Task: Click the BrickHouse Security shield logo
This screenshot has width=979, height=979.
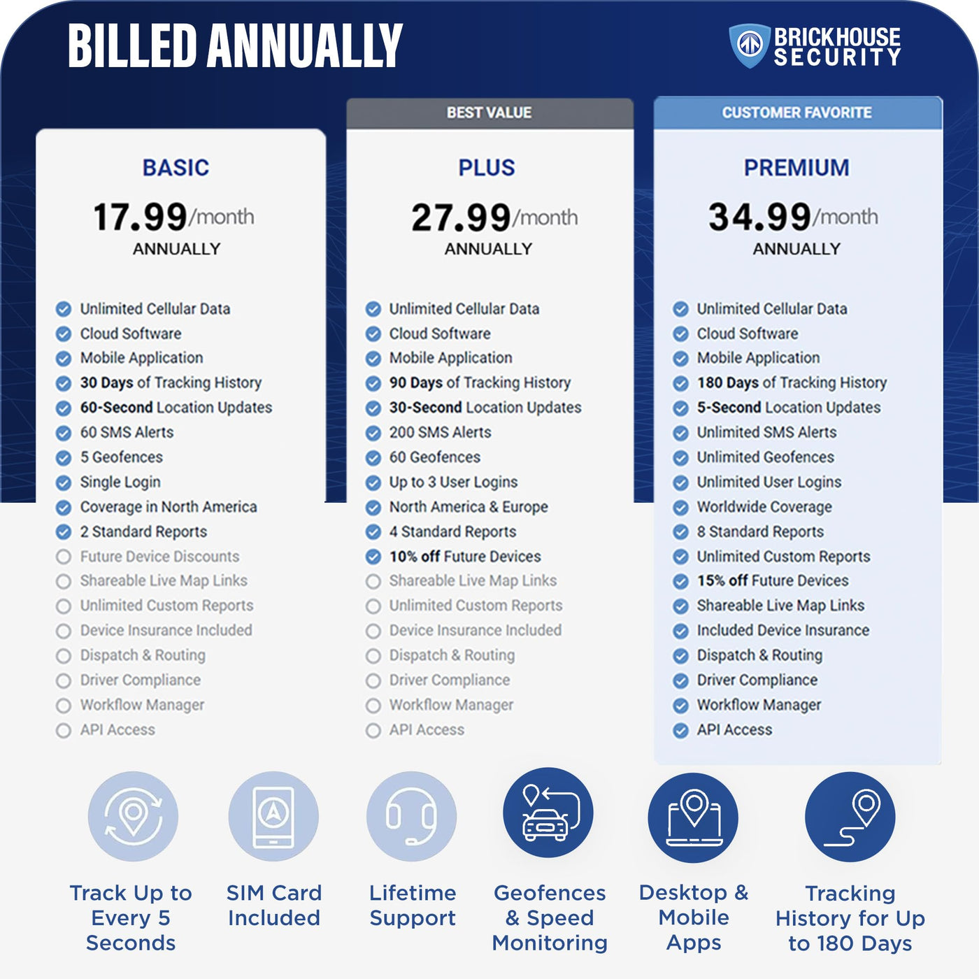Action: pos(749,46)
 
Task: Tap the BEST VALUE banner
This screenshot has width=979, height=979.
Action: pos(489,113)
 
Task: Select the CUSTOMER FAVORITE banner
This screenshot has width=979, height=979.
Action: pos(796,113)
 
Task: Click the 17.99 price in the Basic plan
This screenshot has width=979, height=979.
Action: pos(140,217)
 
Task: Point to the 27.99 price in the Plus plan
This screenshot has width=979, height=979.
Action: pos(461,217)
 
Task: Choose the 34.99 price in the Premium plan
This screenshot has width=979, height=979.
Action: pos(759,217)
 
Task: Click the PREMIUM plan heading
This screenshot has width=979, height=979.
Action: pos(796,168)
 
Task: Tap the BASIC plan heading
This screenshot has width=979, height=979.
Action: pos(176,168)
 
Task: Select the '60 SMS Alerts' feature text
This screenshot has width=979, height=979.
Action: pos(127,432)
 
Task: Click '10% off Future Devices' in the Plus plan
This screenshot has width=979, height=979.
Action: pos(465,557)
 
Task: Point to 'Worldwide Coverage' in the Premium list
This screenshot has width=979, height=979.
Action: pos(764,507)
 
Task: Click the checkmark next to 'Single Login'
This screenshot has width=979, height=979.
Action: pos(64,483)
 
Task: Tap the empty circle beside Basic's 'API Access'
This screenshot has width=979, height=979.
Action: pos(64,731)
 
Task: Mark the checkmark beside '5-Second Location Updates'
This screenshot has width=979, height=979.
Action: pos(680,408)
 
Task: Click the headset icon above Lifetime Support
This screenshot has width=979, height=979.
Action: pos(412,816)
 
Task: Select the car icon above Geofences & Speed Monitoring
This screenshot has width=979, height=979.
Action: pos(548,813)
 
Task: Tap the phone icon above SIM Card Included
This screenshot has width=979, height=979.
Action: pos(273,816)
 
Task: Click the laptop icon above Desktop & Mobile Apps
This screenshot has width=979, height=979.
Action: pos(693,816)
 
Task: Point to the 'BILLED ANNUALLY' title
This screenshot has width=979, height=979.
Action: pos(235,46)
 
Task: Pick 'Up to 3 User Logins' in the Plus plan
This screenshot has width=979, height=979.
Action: pos(453,483)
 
